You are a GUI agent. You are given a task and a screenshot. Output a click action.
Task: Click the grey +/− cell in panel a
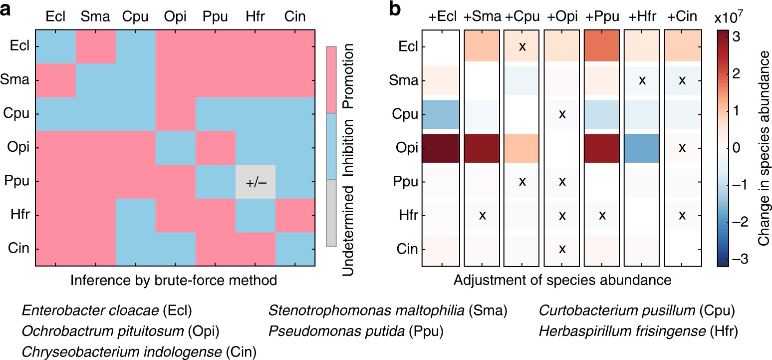(255, 182)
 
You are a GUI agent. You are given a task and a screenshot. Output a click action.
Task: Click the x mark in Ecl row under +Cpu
(522, 46)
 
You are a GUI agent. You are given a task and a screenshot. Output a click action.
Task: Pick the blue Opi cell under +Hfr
(642, 148)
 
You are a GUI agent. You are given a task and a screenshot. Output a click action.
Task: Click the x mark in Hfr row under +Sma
(482, 215)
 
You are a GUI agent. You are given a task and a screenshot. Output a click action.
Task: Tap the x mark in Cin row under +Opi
(562, 249)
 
